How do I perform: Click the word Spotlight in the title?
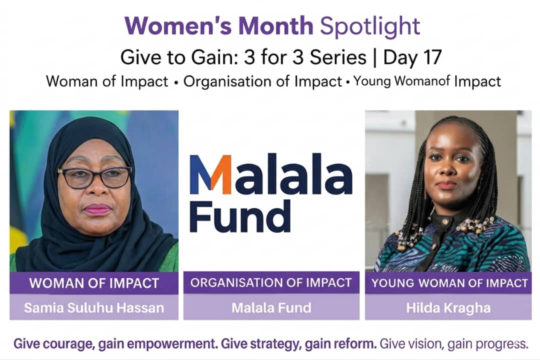370,26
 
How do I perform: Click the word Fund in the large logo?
239,216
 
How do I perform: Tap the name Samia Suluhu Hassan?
94,307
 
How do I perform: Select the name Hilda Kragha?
448,307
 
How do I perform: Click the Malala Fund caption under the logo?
271,307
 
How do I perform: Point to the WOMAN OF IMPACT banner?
94,283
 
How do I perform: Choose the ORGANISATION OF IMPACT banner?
271,282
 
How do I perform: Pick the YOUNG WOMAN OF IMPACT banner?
448,283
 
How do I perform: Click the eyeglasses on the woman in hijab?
95,177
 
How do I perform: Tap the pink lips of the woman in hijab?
98,209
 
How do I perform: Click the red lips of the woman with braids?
446,185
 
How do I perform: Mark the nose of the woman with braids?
446,169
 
